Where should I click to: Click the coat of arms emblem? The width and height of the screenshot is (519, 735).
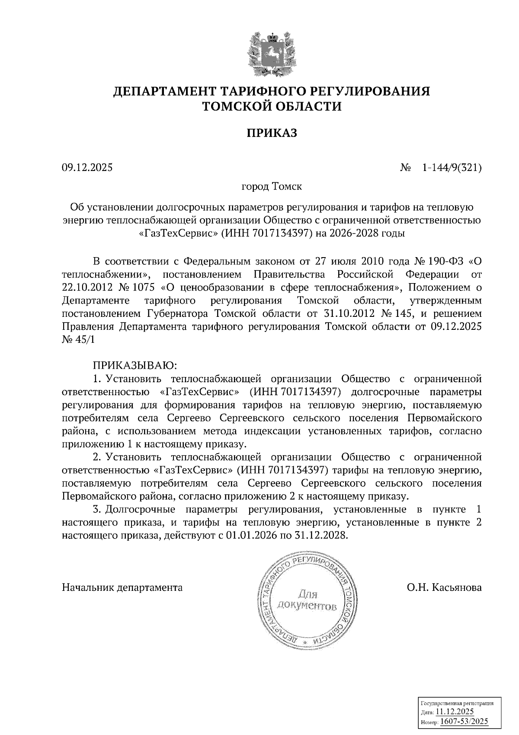click(272, 55)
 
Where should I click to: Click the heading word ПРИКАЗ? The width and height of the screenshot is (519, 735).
click(272, 133)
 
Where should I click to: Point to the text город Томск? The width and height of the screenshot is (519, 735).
click(272, 187)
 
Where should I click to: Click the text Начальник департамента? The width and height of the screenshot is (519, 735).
click(122, 587)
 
